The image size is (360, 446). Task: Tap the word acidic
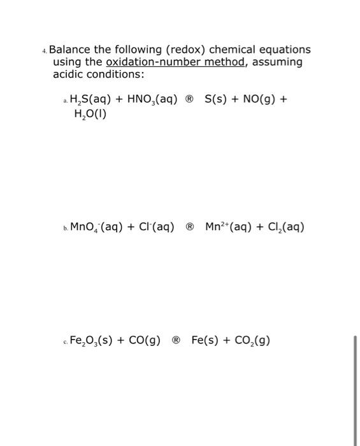[x=68, y=75]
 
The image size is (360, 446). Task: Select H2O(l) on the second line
[x=89, y=115]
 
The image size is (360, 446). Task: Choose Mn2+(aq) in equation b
[x=229, y=227]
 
